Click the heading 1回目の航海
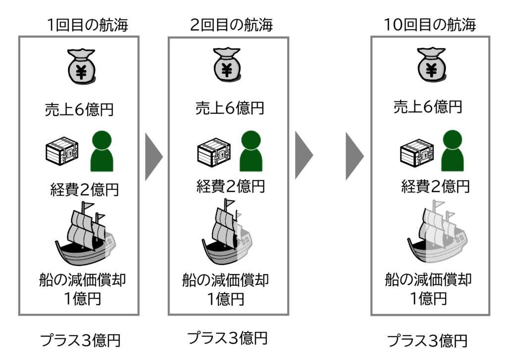pyautogui.click(x=87, y=24)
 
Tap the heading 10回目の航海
pyautogui.click(x=430, y=24)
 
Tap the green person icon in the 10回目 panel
pyautogui.click(x=452, y=150)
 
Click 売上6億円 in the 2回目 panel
pyautogui.click(x=229, y=108)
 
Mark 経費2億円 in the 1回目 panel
pyautogui.click(x=85, y=189)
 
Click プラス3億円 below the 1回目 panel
pyautogui.click(x=80, y=341)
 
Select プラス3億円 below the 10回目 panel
pyautogui.click(x=427, y=341)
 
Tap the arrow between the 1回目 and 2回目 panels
pyautogui.click(x=154, y=157)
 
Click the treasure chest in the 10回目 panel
pyautogui.click(x=416, y=151)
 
